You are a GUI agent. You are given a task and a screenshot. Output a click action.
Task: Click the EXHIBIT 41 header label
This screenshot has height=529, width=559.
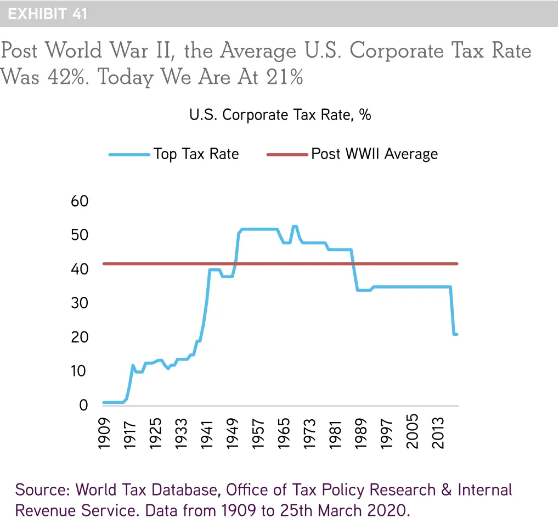click(48, 14)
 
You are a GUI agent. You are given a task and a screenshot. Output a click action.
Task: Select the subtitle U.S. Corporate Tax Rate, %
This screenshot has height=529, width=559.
click(280, 115)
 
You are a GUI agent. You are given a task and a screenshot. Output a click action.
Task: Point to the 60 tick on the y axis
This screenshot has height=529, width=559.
click(80, 201)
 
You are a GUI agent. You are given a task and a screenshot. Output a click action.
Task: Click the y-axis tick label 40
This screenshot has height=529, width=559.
click(80, 269)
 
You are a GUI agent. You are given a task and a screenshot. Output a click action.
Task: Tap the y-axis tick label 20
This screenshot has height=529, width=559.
click(80, 337)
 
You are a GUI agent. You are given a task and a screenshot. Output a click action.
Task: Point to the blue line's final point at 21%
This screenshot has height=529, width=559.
click(456, 334)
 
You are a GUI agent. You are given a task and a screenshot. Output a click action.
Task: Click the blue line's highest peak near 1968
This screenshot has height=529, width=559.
click(295, 226)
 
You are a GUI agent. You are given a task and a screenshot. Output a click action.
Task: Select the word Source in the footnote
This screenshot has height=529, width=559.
click(42, 489)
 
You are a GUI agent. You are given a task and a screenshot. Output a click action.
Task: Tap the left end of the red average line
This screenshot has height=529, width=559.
click(104, 264)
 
